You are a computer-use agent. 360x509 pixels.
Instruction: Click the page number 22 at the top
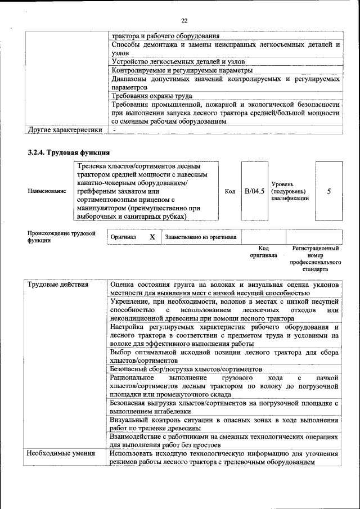pyautogui.click(x=184, y=21)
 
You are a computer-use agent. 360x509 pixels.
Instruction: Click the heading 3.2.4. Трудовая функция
pyautogui.click(x=69, y=152)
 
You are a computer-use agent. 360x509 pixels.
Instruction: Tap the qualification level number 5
pyautogui.click(x=329, y=191)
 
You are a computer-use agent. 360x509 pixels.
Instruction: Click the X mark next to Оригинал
pyautogui.click(x=152, y=237)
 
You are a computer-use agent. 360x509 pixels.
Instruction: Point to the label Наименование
pyautogui.click(x=46, y=191)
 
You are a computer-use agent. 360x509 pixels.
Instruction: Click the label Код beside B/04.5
pyautogui.click(x=229, y=191)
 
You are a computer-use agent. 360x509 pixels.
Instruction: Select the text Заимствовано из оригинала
pyautogui.click(x=201, y=237)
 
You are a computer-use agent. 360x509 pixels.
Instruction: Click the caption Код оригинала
pyautogui.click(x=264, y=251)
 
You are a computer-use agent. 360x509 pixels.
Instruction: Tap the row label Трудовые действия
pyautogui.click(x=58, y=285)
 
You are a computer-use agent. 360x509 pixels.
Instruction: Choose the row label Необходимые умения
pyautogui.click(x=61, y=453)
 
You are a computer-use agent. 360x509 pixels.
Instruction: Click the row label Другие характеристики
pyautogui.click(x=65, y=130)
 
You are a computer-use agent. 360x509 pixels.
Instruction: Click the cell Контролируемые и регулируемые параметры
pyautogui.click(x=182, y=70)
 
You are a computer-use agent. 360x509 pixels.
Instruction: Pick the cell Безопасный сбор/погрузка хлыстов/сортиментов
pyautogui.click(x=186, y=369)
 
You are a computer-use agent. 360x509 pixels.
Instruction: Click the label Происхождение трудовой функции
pyautogui.click(x=61, y=237)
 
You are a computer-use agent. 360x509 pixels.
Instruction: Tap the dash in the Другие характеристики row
pyautogui.click(x=114, y=130)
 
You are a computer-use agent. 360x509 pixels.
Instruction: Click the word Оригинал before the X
pyautogui.click(x=123, y=237)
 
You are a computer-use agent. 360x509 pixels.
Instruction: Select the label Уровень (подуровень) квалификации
pyautogui.click(x=290, y=191)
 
